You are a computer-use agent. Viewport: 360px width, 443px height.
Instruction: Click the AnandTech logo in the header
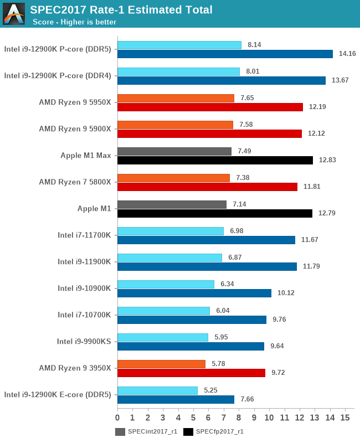[x=14, y=14]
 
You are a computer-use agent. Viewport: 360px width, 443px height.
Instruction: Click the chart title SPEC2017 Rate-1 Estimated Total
[x=121, y=9]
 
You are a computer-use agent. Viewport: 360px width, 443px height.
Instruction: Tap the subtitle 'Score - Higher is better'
[x=74, y=22]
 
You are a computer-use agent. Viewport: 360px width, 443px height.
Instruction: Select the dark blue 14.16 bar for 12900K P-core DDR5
[x=225, y=54]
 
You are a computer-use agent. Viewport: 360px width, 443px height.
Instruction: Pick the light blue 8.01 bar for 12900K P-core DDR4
[x=178, y=71]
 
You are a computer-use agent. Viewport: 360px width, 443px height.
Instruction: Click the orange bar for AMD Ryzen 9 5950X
[x=176, y=98]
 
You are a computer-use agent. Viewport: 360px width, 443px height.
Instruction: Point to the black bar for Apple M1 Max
[x=215, y=160]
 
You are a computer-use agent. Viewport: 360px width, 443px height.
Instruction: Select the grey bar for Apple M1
[x=172, y=204]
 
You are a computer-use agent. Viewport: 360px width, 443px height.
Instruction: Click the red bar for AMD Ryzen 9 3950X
[x=191, y=373]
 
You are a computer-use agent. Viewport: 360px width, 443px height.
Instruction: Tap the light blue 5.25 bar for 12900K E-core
[x=157, y=390]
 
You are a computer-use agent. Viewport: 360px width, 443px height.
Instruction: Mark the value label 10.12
[x=288, y=293]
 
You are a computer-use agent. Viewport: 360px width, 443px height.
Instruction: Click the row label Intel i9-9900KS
[x=84, y=341]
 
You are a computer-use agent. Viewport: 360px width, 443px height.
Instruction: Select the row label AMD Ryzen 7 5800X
[x=75, y=182]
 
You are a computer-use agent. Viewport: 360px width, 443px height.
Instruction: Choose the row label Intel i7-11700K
[x=84, y=235]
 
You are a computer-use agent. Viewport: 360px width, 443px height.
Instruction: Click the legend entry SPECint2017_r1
[x=152, y=431]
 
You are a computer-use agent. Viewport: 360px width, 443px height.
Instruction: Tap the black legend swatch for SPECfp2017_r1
[x=188, y=431]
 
